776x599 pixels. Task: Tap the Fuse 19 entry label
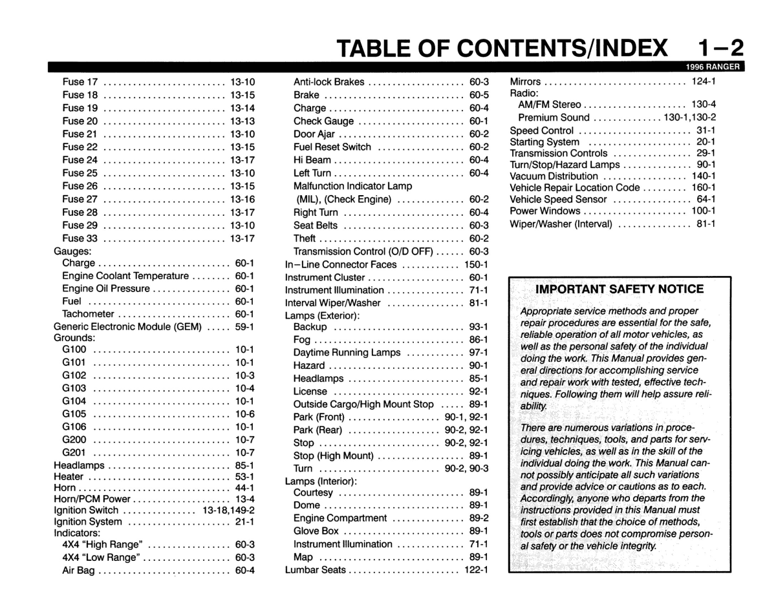pyautogui.click(x=80, y=108)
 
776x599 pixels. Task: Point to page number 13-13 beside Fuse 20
pyautogui.click(x=242, y=121)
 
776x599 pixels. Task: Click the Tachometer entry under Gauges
pyautogui.click(x=88, y=314)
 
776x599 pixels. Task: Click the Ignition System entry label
pyautogui.click(x=88, y=521)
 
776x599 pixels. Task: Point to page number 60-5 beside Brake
pyautogui.click(x=479, y=95)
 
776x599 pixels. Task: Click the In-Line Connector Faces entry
pyautogui.click(x=341, y=264)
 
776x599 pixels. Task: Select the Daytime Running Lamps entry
pyautogui.click(x=347, y=353)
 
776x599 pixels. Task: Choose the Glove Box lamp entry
pyautogui.click(x=316, y=531)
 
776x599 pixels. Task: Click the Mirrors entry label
pyautogui.click(x=526, y=81)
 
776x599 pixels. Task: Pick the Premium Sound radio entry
pyautogui.click(x=554, y=118)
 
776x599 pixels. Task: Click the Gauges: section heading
pyautogui.click(x=72, y=251)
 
